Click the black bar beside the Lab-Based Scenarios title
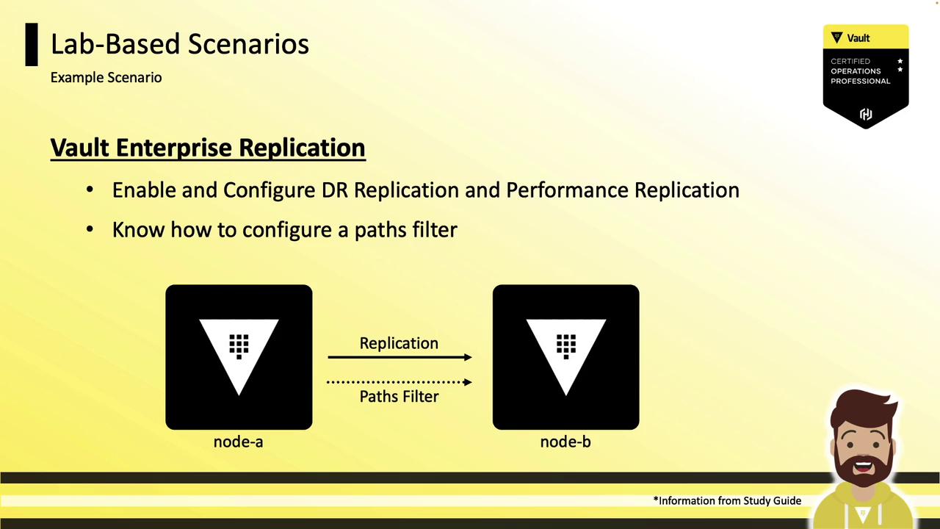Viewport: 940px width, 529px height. [x=32, y=45]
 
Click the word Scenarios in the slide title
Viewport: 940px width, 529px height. [x=248, y=43]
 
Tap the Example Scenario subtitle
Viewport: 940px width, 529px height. [x=106, y=78]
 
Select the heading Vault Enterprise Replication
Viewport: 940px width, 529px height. [x=208, y=148]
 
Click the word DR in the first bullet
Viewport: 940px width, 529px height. [x=335, y=190]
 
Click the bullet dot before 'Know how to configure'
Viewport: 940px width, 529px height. [x=90, y=230]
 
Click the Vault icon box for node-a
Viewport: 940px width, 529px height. [x=239, y=357]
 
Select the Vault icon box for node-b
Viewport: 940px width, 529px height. [x=566, y=357]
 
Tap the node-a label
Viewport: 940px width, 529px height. [x=239, y=442]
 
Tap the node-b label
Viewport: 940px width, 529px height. [x=565, y=442]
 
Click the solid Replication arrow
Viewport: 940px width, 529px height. [x=400, y=357]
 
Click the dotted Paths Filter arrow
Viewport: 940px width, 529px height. [x=400, y=382]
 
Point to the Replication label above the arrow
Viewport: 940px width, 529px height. [x=399, y=343]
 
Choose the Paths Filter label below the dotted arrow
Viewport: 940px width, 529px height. [x=399, y=396]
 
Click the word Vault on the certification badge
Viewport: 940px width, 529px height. [x=858, y=38]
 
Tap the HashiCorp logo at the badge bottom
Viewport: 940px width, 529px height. [x=866, y=114]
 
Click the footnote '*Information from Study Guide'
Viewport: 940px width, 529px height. [x=727, y=500]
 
